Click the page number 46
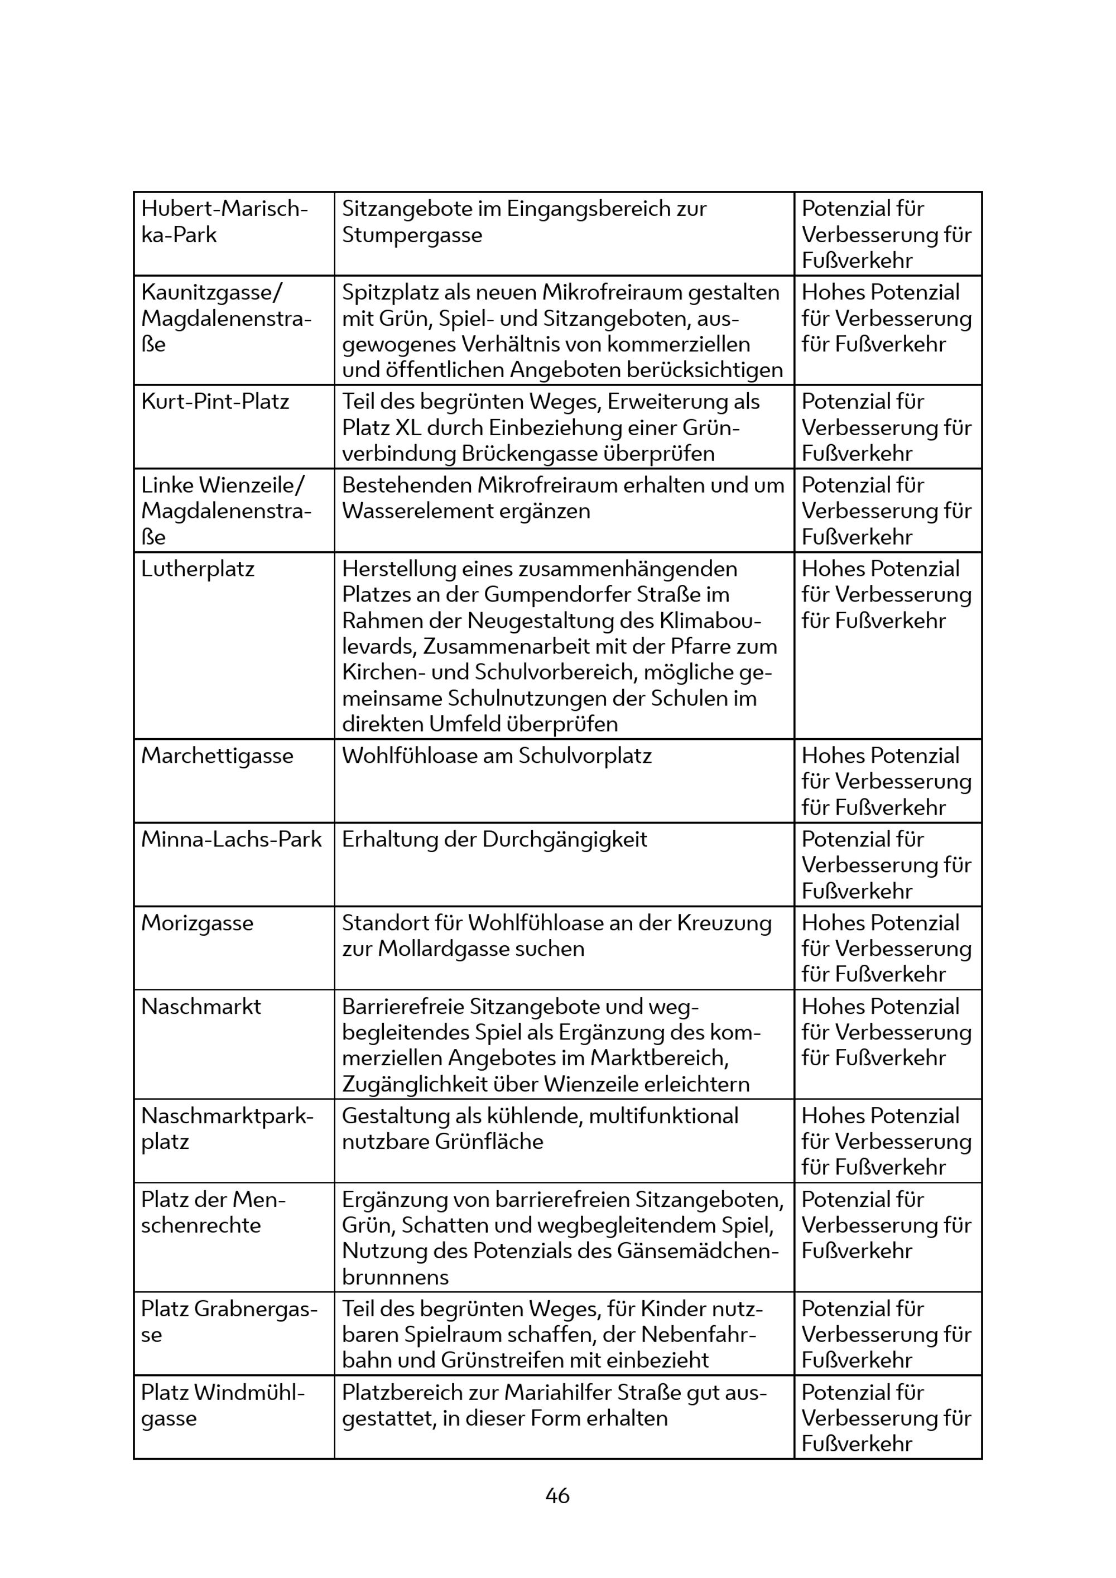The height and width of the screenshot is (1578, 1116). [557, 1495]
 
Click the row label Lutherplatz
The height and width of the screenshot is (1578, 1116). [198, 569]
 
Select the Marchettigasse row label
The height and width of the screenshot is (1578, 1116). [217, 756]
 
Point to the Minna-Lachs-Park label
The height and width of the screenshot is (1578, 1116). [231, 839]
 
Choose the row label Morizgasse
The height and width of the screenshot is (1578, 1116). [197, 923]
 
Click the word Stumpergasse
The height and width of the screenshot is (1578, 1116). [412, 235]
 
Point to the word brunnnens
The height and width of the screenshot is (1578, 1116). [395, 1278]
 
